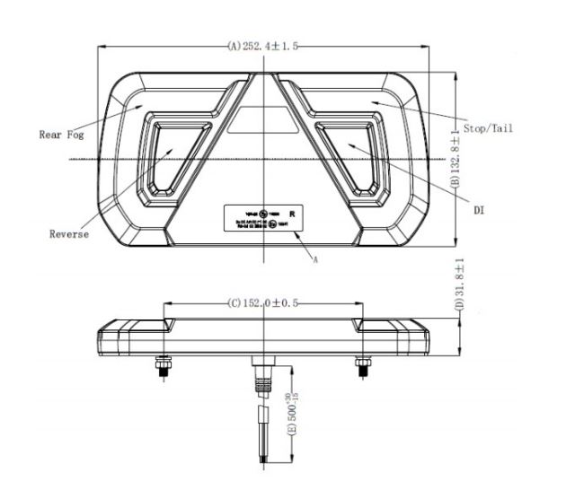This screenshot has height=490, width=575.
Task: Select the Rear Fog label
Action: (x=61, y=135)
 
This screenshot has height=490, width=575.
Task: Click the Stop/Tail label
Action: (x=488, y=127)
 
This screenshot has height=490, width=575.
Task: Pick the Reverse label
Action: (x=69, y=234)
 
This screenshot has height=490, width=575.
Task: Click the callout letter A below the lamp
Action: (x=315, y=258)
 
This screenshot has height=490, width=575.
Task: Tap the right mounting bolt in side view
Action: (x=361, y=365)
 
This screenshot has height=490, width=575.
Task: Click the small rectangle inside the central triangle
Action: (x=263, y=130)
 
